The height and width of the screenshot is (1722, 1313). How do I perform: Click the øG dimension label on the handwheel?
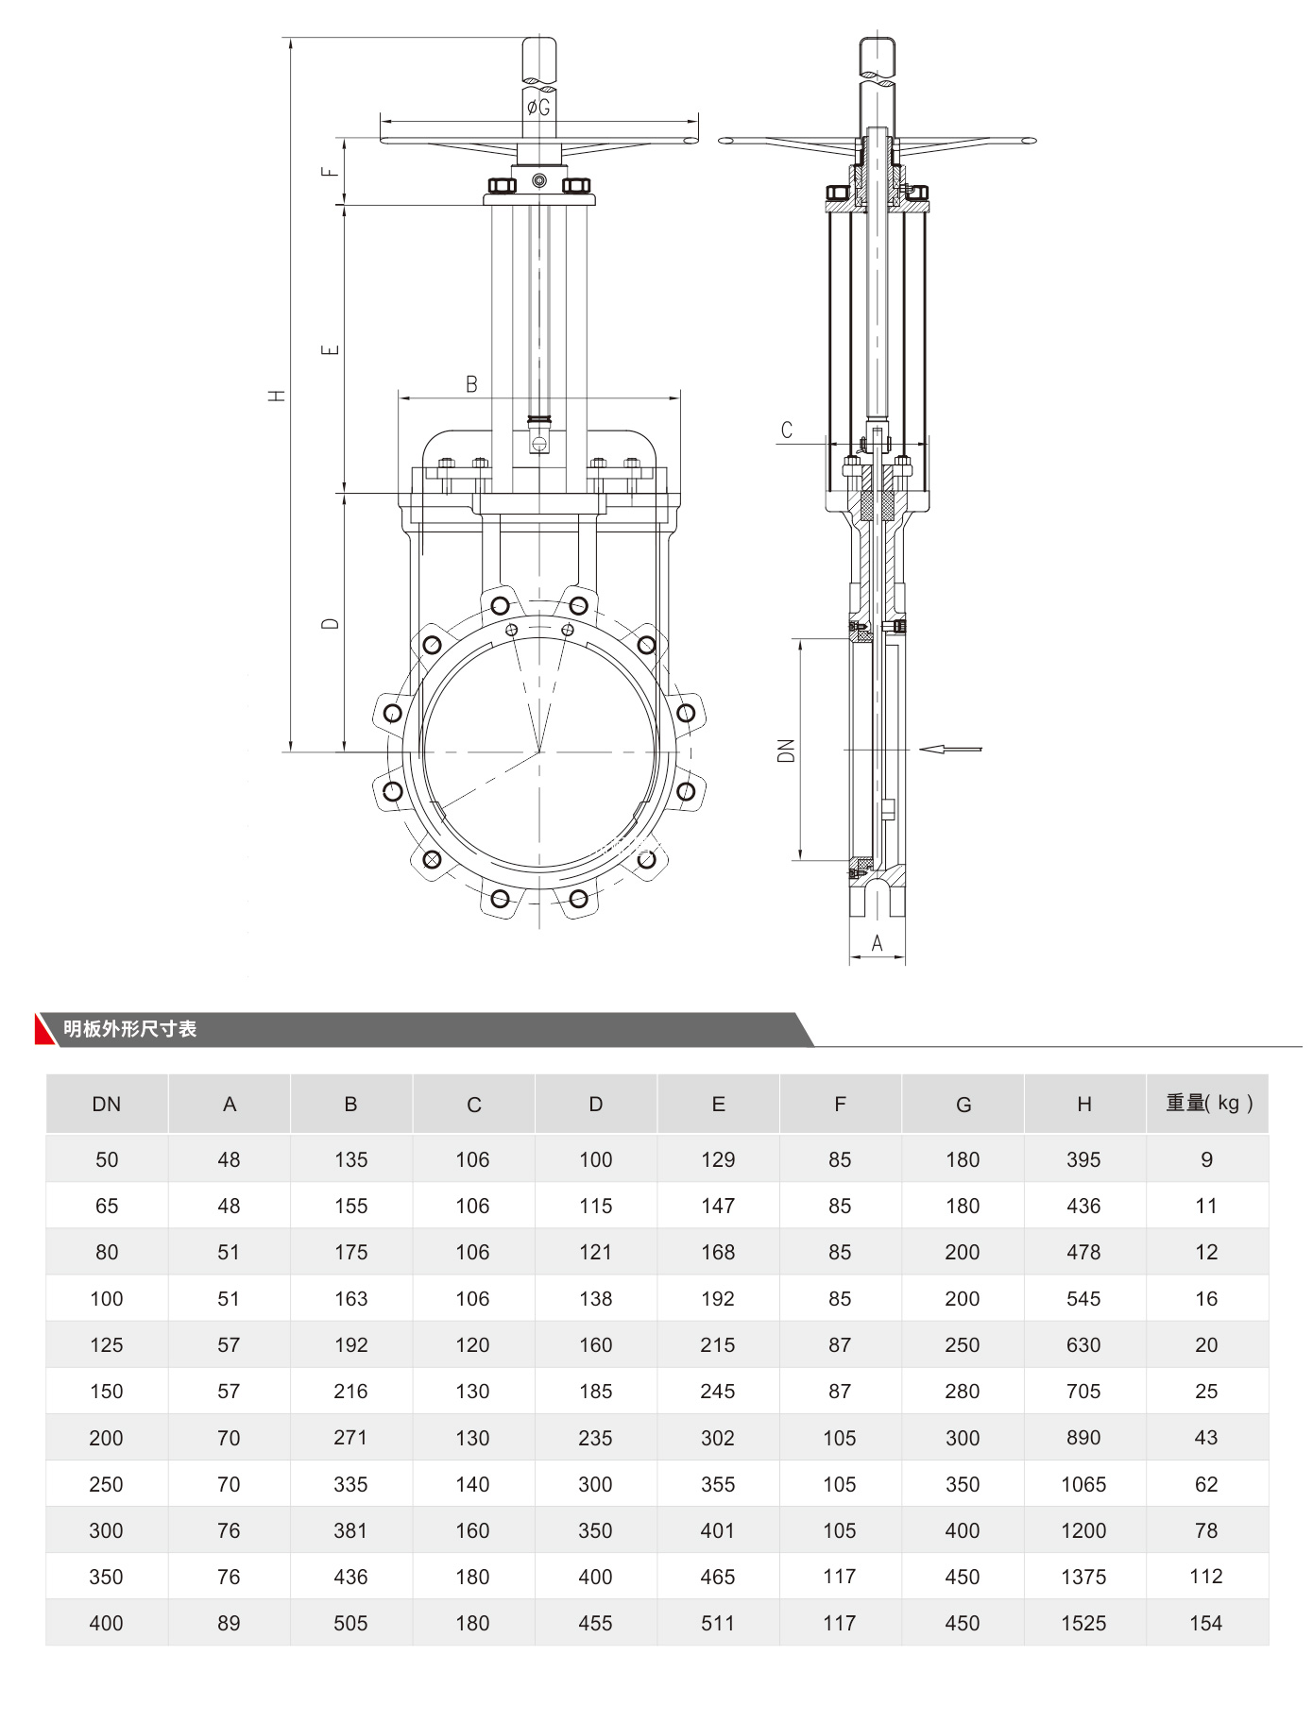pyautogui.click(x=538, y=108)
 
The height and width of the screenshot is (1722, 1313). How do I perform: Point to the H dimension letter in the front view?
pyautogui.click(x=277, y=395)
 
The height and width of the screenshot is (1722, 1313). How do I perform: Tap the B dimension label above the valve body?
pyautogui.click(x=471, y=384)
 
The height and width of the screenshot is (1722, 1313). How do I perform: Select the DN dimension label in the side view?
pyautogui.click(x=786, y=751)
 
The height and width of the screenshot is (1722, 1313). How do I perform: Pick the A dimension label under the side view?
pyautogui.click(x=877, y=942)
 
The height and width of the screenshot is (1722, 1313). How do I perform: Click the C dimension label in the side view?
pyautogui.click(x=787, y=430)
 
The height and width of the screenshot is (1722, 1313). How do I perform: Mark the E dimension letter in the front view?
pyautogui.click(x=330, y=350)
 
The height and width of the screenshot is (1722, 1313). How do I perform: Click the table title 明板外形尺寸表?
pyautogui.click(x=129, y=1029)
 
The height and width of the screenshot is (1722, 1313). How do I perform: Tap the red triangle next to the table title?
pyautogui.click(x=43, y=1030)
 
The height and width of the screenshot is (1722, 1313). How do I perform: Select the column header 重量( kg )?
pyautogui.click(x=1208, y=1103)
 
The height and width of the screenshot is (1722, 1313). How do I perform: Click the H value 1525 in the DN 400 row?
pyautogui.click(x=1083, y=1623)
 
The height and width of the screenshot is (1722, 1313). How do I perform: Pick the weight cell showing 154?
pyautogui.click(x=1205, y=1623)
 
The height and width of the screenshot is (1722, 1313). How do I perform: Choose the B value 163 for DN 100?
pyautogui.click(x=350, y=1298)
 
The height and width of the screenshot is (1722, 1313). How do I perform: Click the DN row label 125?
pyautogui.click(x=107, y=1344)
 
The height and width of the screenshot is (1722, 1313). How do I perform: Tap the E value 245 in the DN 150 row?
pyautogui.click(x=718, y=1391)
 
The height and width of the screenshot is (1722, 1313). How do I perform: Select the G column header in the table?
pyautogui.click(x=963, y=1104)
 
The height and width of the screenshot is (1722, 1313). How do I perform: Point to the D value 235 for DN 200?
pyautogui.click(x=595, y=1438)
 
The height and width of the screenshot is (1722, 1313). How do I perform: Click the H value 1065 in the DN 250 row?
pyautogui.click(x=1083, y=1484)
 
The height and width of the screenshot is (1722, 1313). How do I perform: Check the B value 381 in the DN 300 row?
pyautogui.click(x=350, y=1530)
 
